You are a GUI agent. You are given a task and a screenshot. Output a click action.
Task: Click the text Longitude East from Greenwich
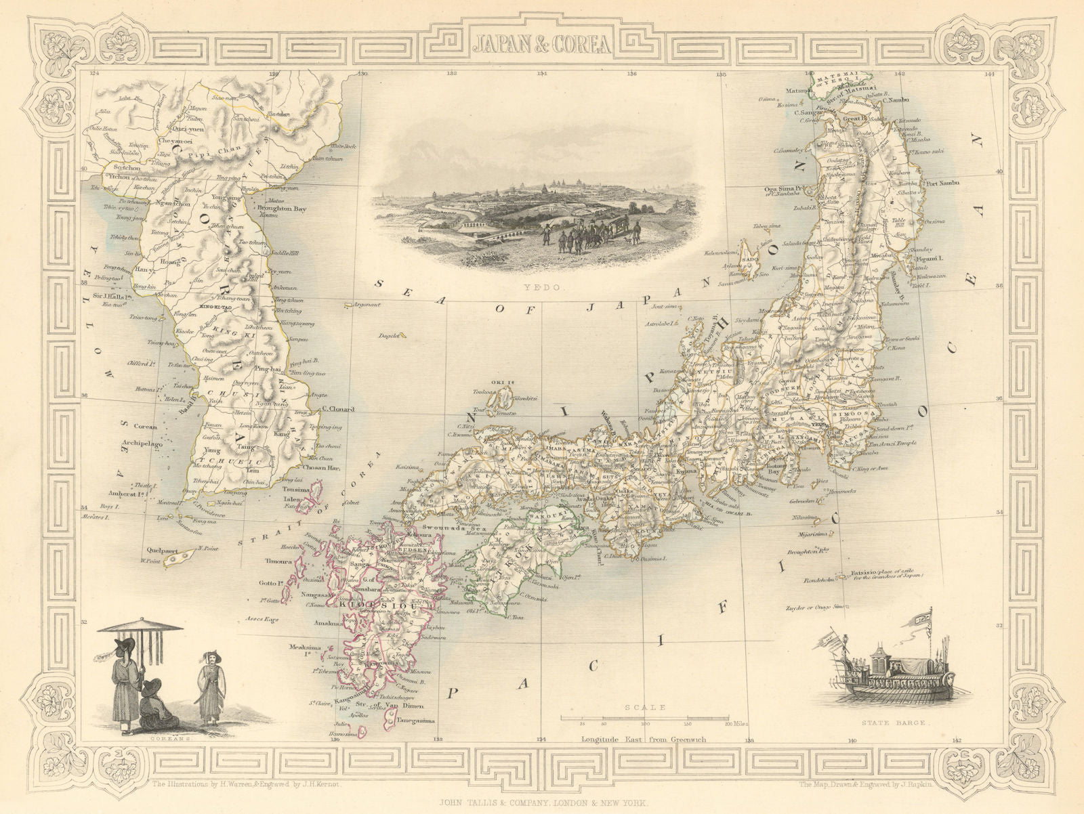[x=642, y=740]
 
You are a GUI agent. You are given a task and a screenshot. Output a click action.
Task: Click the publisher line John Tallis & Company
[x=541, y=802]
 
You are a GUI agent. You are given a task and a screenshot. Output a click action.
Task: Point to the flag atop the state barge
[x=920, y=618]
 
